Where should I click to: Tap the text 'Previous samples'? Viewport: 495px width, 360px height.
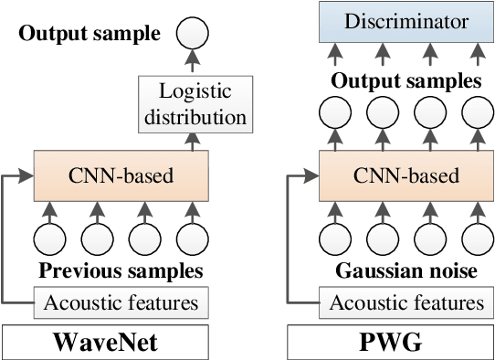point(120,271)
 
